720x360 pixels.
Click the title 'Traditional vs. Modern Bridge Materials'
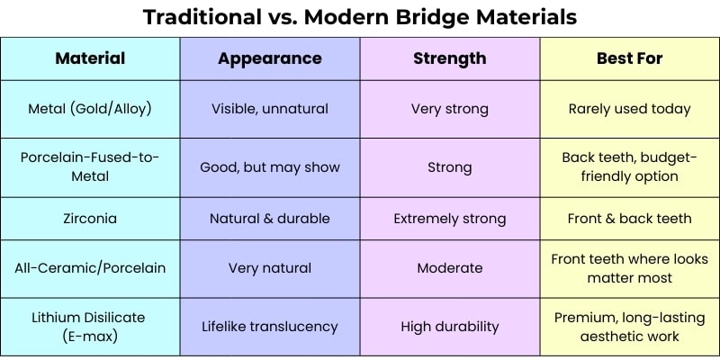tap(360, 17)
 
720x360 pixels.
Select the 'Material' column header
tap(90, 58)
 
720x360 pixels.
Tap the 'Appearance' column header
tap(270, 58)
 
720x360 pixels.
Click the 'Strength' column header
tap(449, 58)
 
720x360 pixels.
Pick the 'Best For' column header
tap(629, 58)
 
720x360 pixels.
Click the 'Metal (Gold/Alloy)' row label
tap(90, 109)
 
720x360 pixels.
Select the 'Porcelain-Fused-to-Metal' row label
tap(90, 166)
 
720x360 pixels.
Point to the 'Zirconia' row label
tap(90, 218)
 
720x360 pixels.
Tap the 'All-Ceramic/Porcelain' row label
tap(90, 268)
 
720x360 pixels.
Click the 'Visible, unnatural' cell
tap(270, 109)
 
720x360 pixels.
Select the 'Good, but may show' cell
tap(270, 167)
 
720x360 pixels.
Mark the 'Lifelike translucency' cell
tap(270, 327)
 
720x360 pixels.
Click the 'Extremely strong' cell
tap(449, 219)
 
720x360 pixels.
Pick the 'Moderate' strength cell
tap(449, 268)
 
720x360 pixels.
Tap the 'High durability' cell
tap(449, 327)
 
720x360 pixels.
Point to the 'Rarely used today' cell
tap(629, 109)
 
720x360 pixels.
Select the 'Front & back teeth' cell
tap(629, 218)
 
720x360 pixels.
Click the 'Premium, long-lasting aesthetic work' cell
tap(629, 327)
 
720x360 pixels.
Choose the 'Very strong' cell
tap(449, 109)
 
